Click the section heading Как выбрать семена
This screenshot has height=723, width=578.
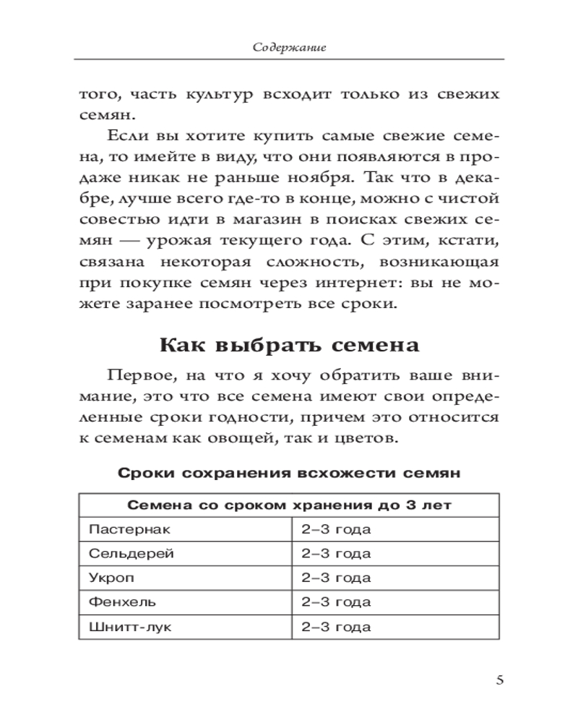(x=289, y=345)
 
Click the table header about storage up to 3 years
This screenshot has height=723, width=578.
(x=289, y=505)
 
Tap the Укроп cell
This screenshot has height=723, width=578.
(x=113, y=578)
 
